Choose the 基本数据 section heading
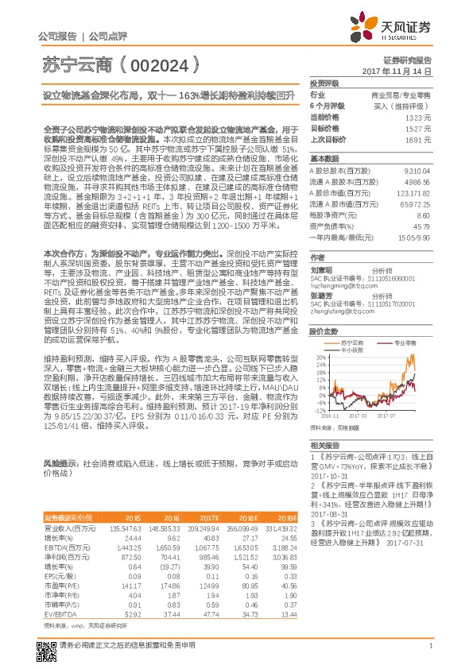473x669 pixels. coord(324,158)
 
